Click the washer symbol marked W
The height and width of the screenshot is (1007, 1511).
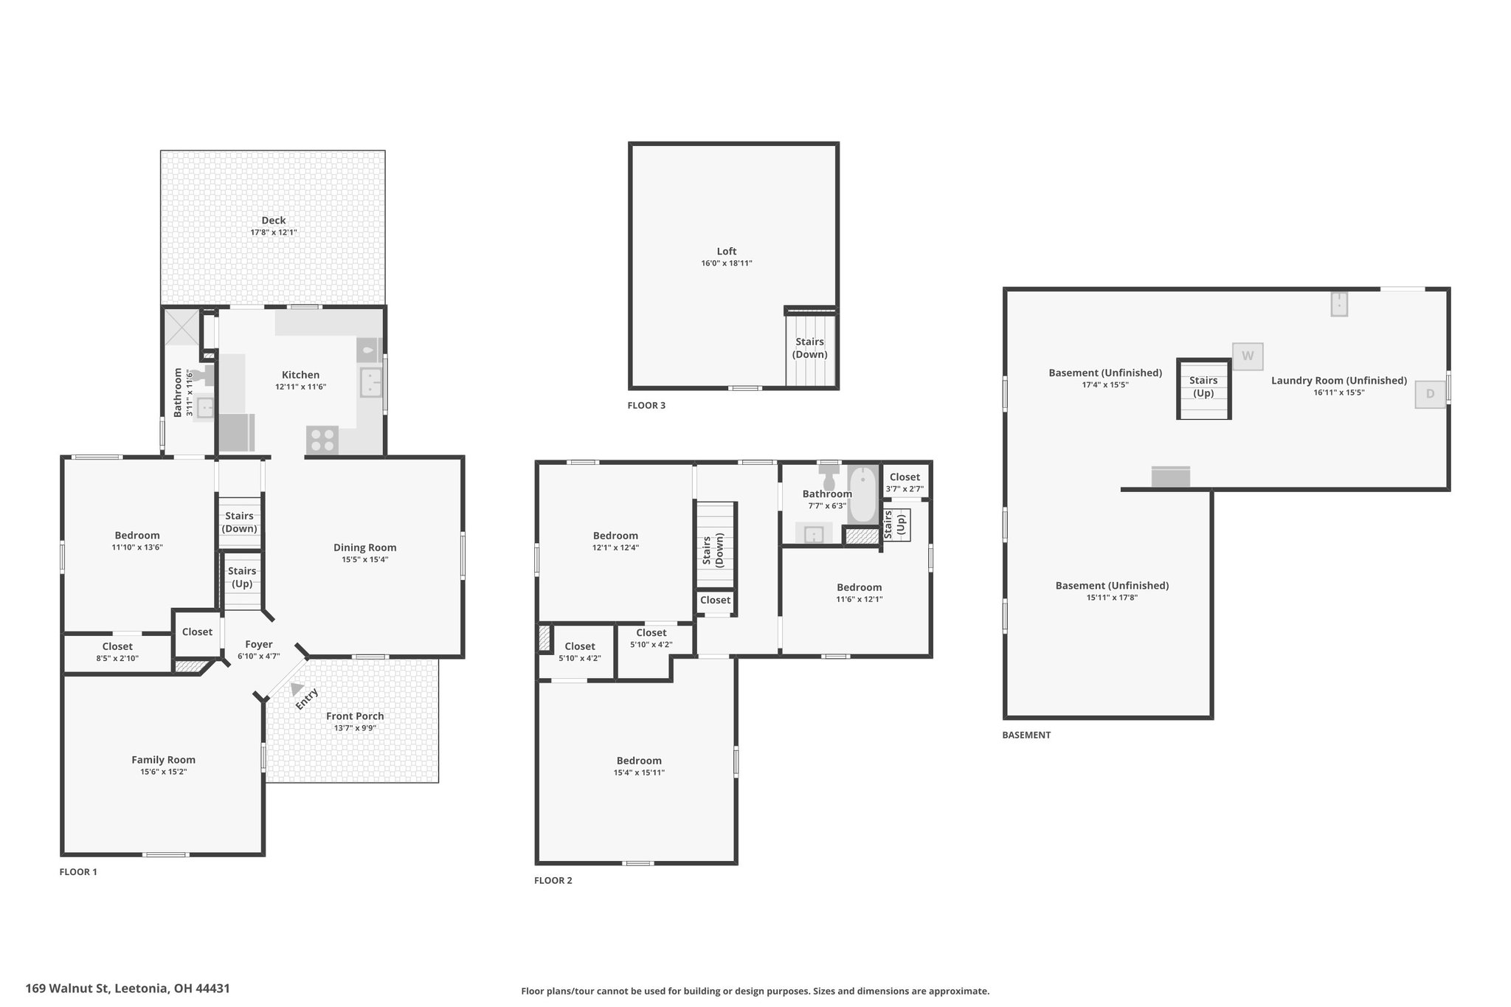pos(1248,356)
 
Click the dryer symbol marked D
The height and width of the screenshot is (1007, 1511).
pos(1430,394)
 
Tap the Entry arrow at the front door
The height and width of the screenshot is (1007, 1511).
pos(297,689)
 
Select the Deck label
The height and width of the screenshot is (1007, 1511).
pos(274,220)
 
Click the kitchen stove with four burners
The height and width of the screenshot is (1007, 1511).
pos(322,440)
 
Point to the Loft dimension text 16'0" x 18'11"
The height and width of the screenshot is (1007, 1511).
pos(727,263)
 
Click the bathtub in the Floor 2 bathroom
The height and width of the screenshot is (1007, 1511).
pos(862,494)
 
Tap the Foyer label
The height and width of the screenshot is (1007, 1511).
pos(259,644)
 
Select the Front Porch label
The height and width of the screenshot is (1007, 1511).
pos(355,716)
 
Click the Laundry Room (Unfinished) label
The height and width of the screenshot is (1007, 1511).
pos(1339,381)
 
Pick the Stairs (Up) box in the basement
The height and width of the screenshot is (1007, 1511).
pos(1203,389)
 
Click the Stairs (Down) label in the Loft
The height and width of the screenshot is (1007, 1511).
pos(809,348)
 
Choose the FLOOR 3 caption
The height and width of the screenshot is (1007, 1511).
pos(646,405)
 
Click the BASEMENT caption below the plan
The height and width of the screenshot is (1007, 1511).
pos(1026,735)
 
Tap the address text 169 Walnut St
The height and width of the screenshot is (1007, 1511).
pos(67,988)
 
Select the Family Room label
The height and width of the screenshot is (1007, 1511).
pos(163,760)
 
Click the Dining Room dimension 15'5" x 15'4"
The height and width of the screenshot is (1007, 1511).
pos(365,560)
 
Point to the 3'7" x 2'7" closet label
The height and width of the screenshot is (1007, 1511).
pos(905,488)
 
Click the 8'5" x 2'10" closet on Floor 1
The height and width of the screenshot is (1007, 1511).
pos(117,653)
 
